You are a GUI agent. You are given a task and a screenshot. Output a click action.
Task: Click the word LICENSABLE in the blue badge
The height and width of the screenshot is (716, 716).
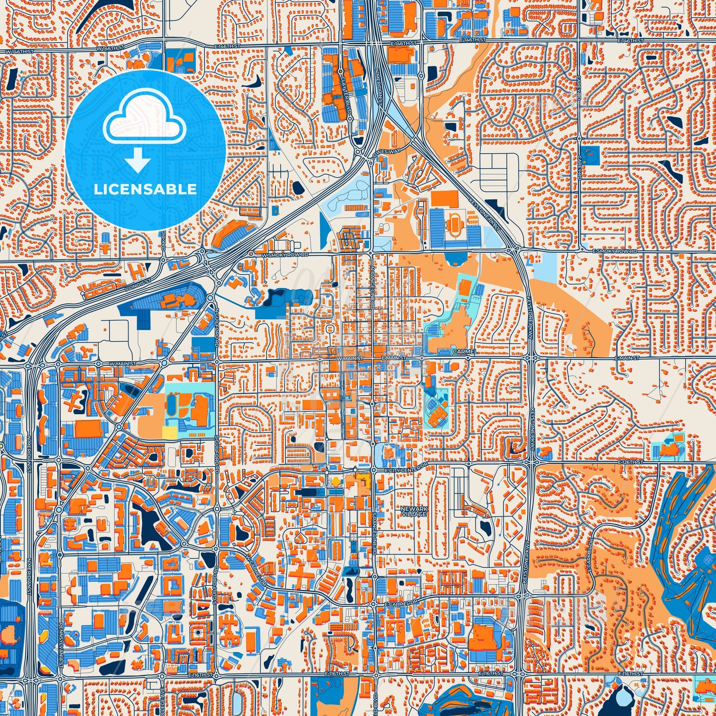point(145,189)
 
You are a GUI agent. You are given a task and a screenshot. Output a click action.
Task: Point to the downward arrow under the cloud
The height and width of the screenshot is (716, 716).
point(138,159)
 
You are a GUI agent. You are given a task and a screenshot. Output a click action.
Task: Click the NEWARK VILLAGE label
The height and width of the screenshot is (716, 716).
point(414,512)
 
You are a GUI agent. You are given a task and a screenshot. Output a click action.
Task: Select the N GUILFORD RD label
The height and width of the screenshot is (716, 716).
point(217,331)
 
